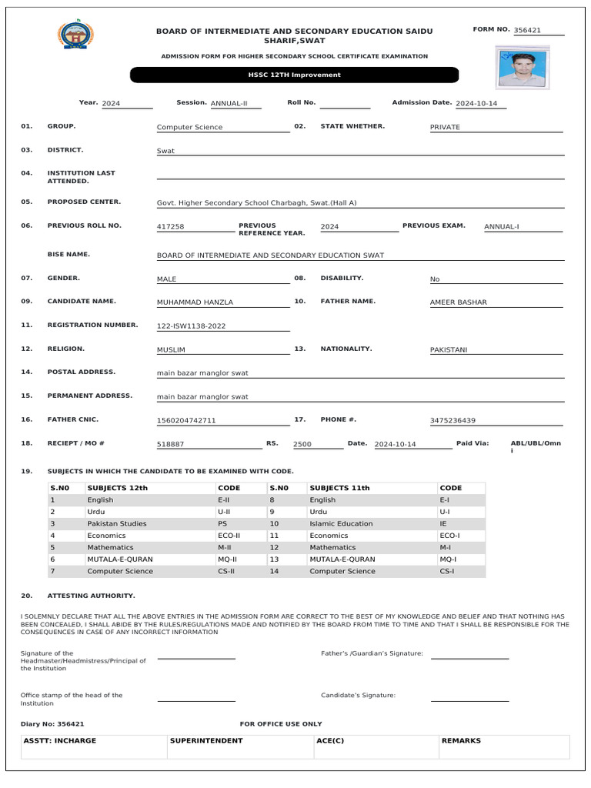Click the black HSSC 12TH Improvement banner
[294, 75]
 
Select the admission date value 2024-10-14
[477, 103]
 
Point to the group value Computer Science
[189, 127]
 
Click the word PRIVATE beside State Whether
[445, 127]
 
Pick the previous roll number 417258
[170, 227]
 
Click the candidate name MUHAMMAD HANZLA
[195, 302]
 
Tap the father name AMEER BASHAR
[458, 302]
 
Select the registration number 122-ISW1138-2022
[191, 326]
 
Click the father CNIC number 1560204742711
[186, 421]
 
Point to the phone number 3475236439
[452, 421]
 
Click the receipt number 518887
[170, 445]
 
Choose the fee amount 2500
[302, 445]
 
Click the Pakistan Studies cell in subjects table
[117, 523]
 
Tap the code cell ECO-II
[229, 536]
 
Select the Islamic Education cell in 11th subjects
[341, 523]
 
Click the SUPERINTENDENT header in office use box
[206, 740]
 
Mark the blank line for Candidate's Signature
[469, 700]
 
